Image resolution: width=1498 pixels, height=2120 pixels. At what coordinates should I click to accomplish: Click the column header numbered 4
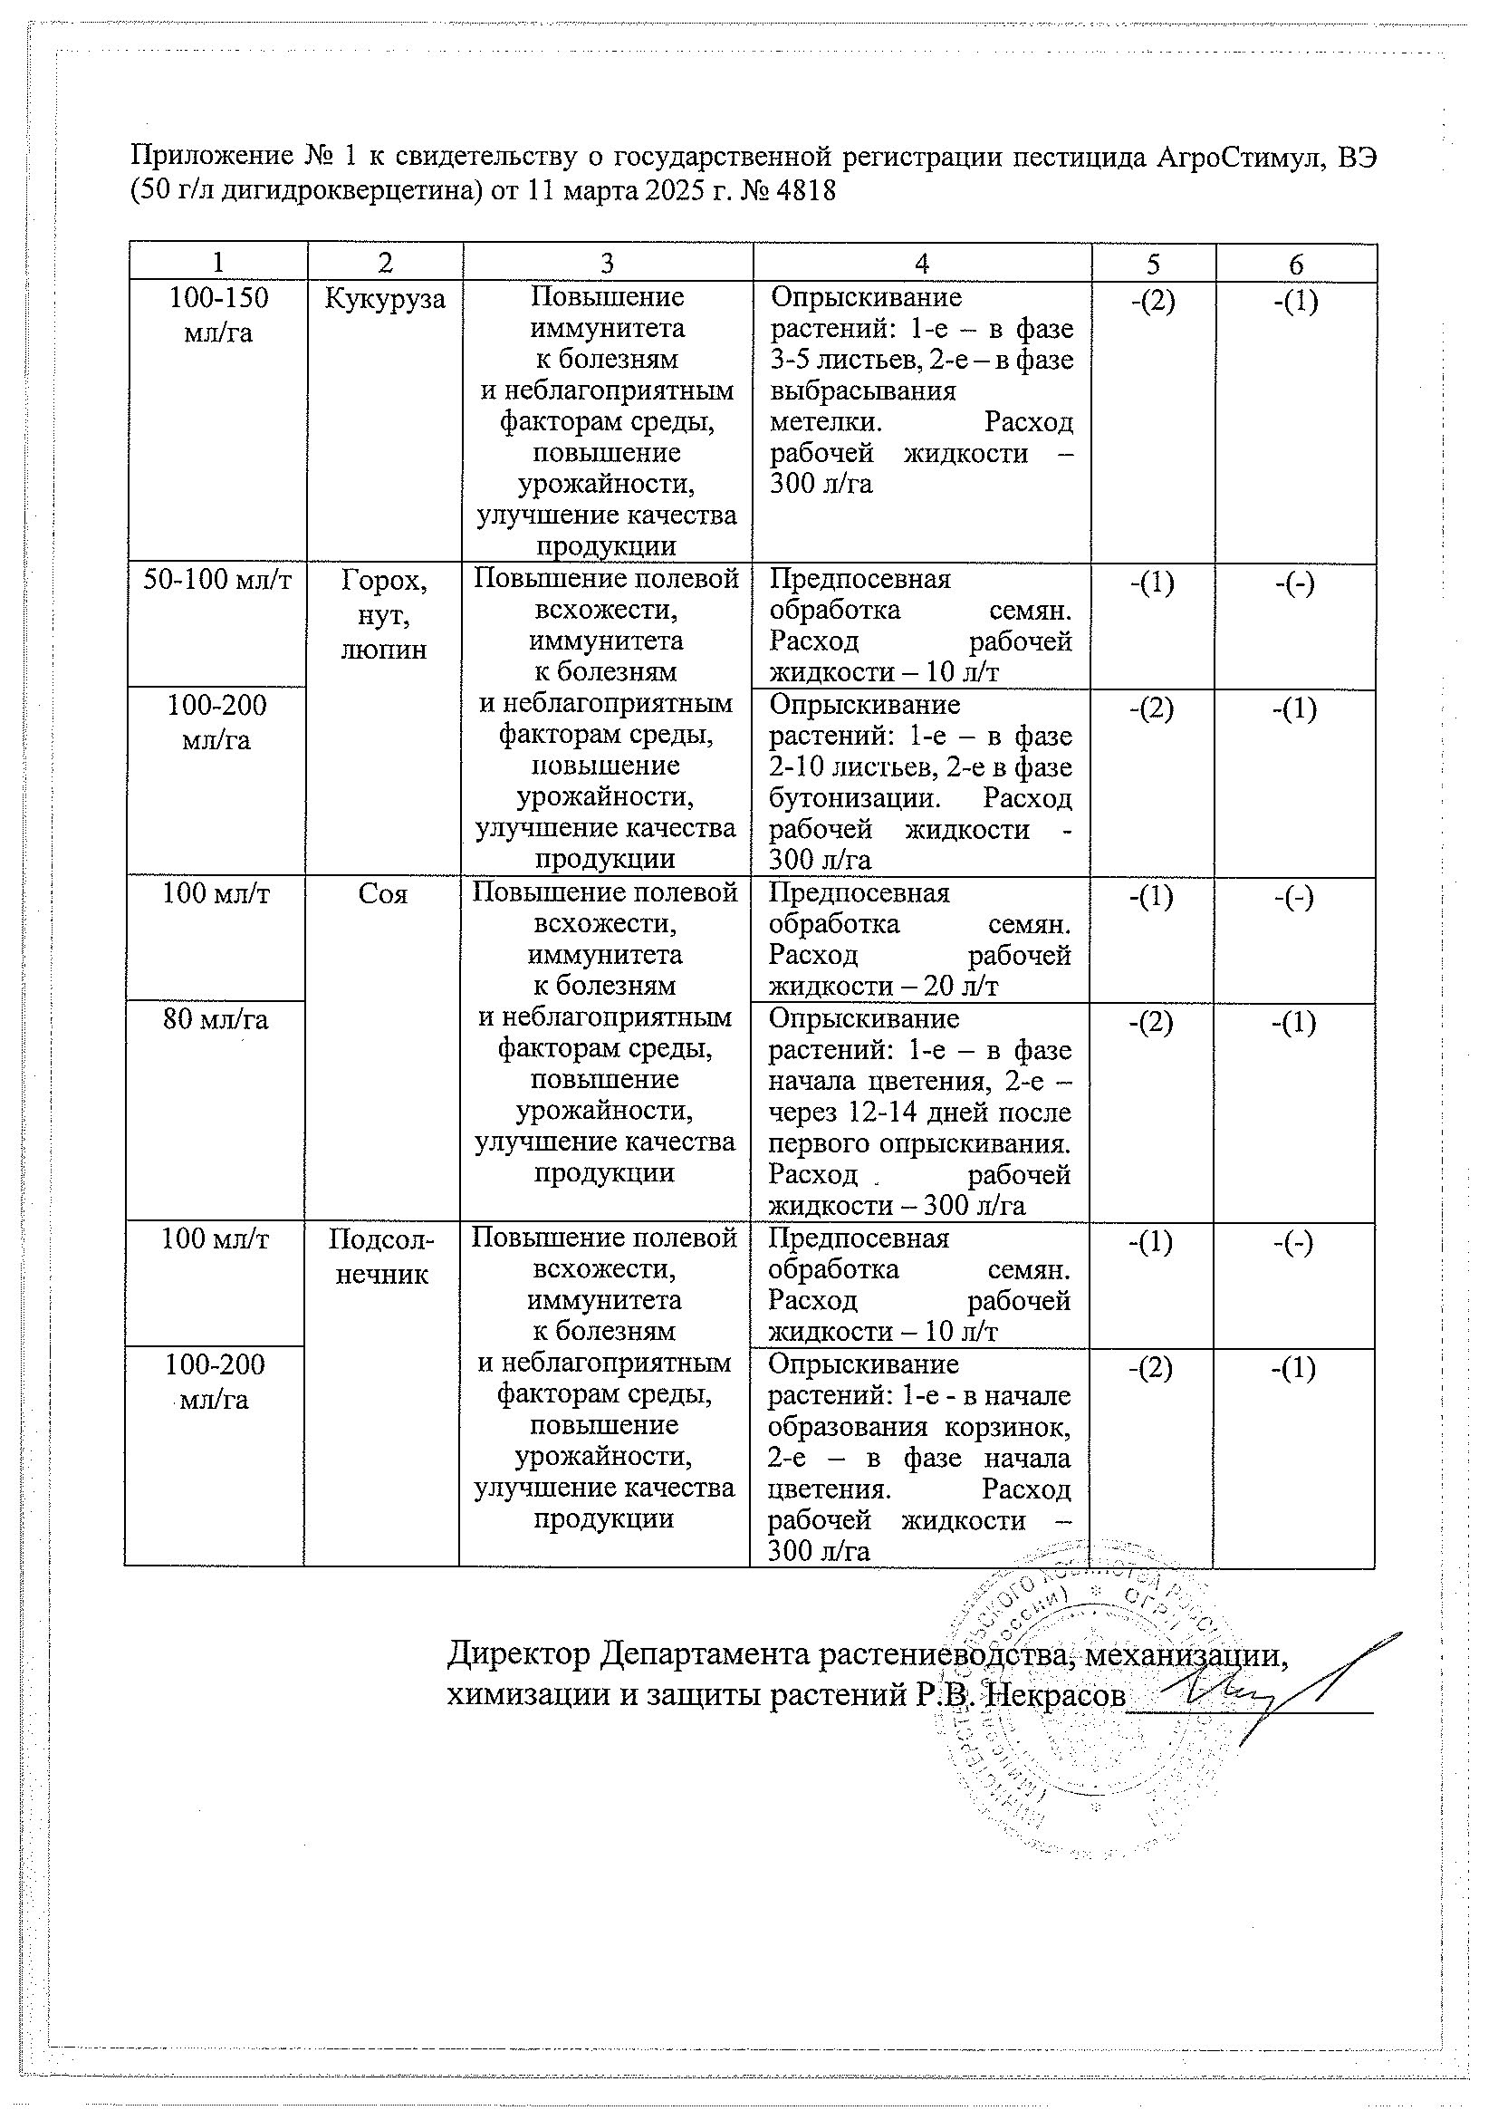921,264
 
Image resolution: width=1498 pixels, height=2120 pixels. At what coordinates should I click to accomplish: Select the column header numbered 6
1296,264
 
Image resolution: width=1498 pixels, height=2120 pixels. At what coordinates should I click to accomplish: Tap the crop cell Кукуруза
385,298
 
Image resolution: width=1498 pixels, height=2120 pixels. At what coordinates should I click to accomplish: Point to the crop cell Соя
382,894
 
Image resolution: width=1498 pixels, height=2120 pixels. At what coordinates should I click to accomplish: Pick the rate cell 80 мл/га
215,1019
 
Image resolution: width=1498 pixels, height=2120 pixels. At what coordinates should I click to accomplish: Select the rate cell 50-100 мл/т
218,580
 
